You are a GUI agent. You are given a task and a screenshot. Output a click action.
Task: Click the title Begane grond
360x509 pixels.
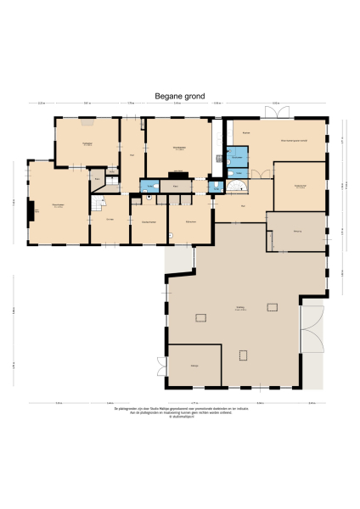[179, 97]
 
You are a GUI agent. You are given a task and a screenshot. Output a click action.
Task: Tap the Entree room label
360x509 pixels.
[110, 219]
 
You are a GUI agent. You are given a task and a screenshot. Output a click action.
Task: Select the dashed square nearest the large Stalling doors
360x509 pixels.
[273, 307]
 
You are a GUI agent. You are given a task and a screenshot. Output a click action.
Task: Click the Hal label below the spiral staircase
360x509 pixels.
[243, 206]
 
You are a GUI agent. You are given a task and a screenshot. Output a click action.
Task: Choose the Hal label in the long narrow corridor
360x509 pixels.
[132, 155]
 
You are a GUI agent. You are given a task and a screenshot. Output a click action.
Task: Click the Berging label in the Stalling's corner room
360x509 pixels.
[194, 365]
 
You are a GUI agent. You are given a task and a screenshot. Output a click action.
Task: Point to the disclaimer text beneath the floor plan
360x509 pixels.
[179, 411]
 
